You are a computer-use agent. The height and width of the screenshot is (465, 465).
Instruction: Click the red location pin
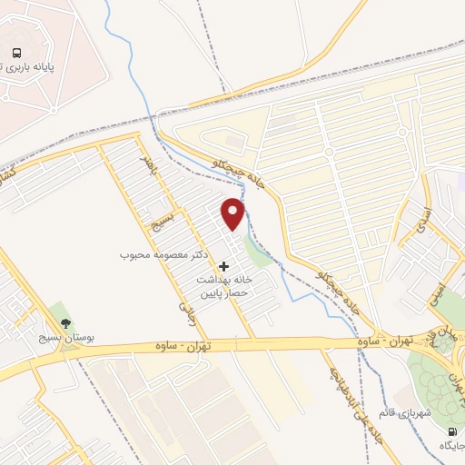click(x=233, y=213)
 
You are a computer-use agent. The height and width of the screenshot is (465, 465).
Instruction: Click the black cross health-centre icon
click(x=224, y=267)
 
